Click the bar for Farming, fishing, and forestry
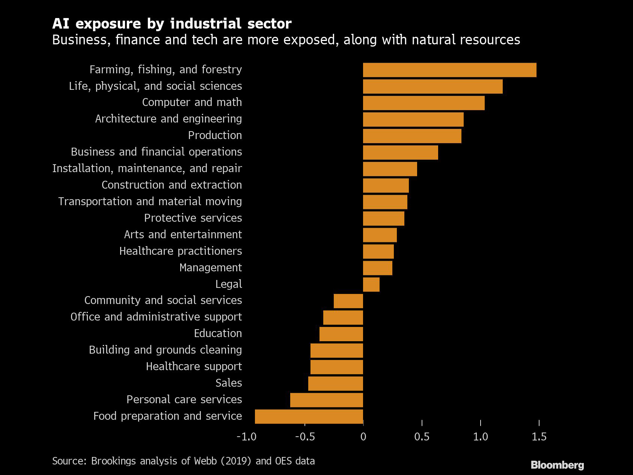pyautogui.click(x=449, y=70)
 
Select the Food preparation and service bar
pyautogui.click(x=309, y=416)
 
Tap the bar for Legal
pyautogui.click(x=371, y=284)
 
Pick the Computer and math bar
pyautogui.click(x=424, y=103)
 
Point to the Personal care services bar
pyautogui.click(x=327, y=400)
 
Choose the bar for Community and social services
pyautogui.click(x=348, y=301)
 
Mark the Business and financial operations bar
pyautogui.click(x=401, y=153)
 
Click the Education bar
pyautogui.click(x=341, y=334)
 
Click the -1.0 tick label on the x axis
pyautogui.click(x=246, y=437)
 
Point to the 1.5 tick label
pyautogui.click(x=539, y=437)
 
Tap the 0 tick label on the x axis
pyautogui.click(x=363, y=437)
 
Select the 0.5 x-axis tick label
pyautogui.click(x=422, y=437)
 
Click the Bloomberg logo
pyautogui.click(x=557, y=465)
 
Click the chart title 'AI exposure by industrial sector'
pyautogui.click(x=172, y=24)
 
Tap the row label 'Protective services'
pyautogui.click(x=193, y=218)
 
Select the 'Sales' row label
pyautogui.click(x=229, y=383)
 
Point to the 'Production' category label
pyautogui.click(x=215, y=135)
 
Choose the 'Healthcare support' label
pyautogui.click(x=194, y=366)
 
